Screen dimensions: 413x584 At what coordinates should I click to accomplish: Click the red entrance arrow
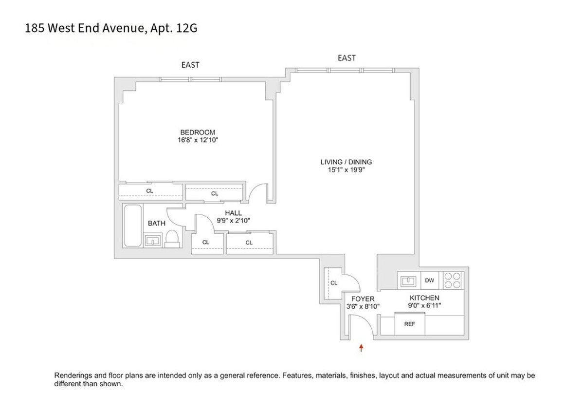[x=361, y=348]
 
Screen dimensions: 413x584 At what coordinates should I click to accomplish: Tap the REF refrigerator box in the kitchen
[x=409, y=324]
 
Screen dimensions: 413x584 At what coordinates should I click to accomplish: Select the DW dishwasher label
[x=429, y=281]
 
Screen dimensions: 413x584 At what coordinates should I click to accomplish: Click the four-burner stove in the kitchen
[x=452, y=281]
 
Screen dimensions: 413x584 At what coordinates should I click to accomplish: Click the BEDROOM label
[x=198, y=132]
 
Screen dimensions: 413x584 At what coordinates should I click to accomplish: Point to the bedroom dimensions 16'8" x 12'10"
[x=198, y=140]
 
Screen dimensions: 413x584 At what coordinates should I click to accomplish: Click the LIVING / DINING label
[x=346, y=162]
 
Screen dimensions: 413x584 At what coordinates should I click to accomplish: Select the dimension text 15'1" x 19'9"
[x=346, y=170]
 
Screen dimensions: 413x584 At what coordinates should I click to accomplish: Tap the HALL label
[x=233, y=213]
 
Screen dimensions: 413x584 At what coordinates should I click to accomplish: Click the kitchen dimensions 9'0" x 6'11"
[x=424, y=306]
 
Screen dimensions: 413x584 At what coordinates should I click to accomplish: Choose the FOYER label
[x=363, y=299]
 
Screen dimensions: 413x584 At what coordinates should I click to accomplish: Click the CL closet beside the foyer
[x=334, y=282]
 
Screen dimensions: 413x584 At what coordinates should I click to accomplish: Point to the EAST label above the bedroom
[x=190, y=65]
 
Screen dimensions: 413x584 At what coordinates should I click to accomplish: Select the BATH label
[x=156, y=224]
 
